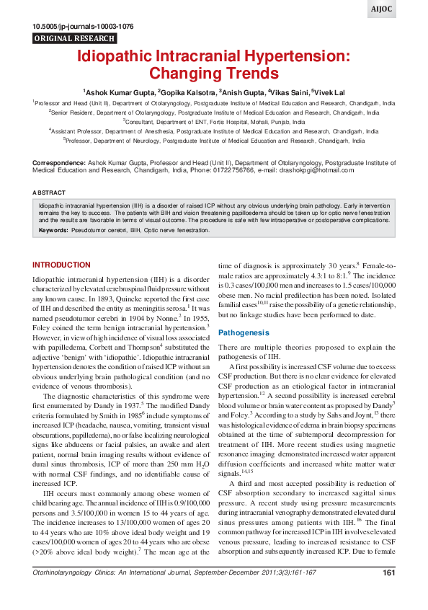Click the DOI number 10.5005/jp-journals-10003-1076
(84, 27)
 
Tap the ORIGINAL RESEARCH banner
(75, 38)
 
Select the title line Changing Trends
(213, 73)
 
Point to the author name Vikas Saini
(287, 92)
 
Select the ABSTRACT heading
(50, 193)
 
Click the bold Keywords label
(54, 231)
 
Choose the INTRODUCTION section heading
(62, 265)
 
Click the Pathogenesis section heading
(244, 333)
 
